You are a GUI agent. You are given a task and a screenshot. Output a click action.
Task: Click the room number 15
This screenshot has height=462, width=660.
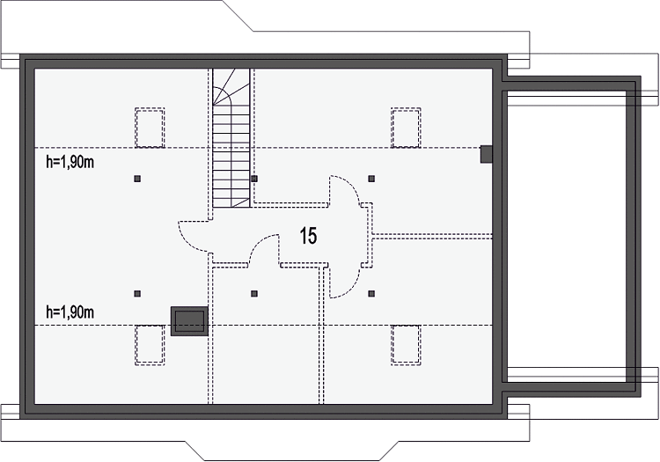[308, 236]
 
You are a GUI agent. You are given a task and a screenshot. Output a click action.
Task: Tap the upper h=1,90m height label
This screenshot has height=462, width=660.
[70, 162]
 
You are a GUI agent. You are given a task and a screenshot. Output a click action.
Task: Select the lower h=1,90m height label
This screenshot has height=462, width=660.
[70, 312]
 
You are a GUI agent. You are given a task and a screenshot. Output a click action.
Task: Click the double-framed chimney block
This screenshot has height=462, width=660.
[189, 321]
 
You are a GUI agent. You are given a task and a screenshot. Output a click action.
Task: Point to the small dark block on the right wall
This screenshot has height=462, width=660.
[487, 154]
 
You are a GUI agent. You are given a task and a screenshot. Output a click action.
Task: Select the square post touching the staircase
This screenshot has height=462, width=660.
[254, 179]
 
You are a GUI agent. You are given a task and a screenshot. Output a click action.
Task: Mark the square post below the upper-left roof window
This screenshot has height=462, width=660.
[137, 179]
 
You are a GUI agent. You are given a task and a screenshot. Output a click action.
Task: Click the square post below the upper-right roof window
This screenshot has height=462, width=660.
[371, 179]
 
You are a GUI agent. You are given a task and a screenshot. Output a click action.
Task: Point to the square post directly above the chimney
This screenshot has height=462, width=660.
[137, 294]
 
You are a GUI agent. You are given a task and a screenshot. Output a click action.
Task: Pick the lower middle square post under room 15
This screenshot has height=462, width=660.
[254, 294]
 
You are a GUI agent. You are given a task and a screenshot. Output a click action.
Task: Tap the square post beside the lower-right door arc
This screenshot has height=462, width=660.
[371, 294]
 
